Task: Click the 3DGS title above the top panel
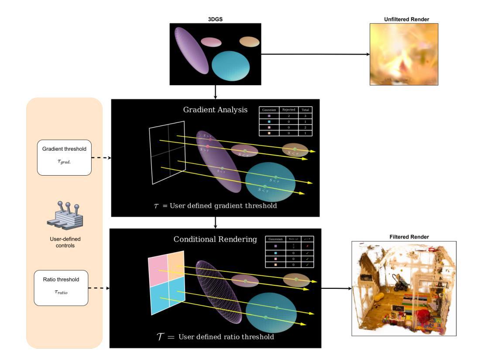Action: click(x=215, y=20)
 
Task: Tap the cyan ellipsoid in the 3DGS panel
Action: click(x=230, y=65)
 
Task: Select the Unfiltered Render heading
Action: click(x=404, y=20)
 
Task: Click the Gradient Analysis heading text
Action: click(x=215, y=110)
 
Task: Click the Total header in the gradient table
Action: click(x=306, y=110)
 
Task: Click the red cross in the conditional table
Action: click(x=307, y=246)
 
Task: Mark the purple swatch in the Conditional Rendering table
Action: click(x=275, y=246)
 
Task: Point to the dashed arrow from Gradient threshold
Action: click(x=101, y=158)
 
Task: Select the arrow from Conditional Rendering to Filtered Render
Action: click(x=336, y=288)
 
